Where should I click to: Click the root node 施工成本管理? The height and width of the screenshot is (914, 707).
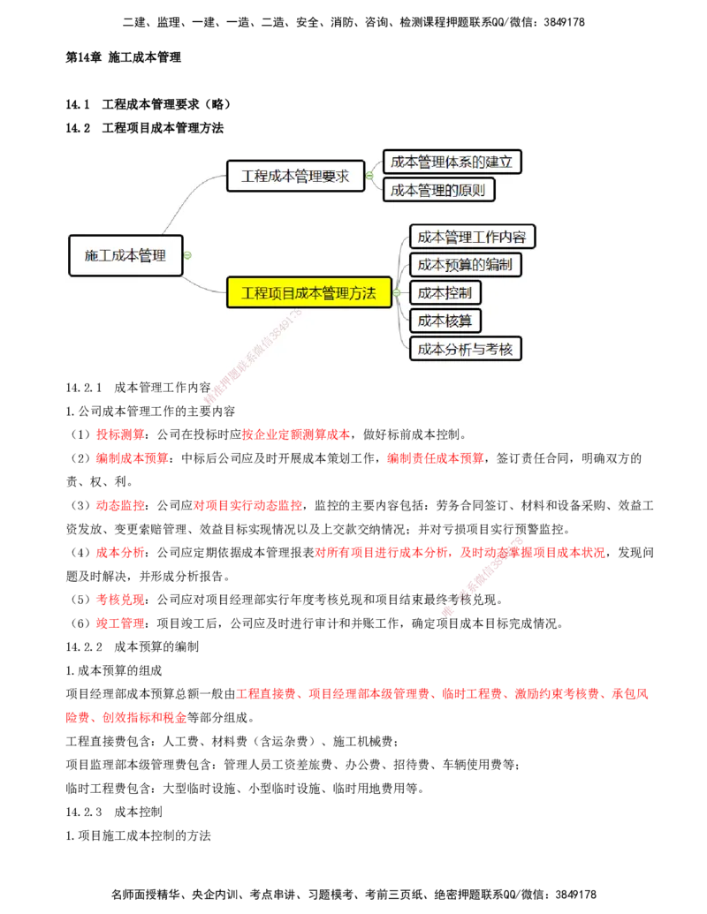[125, 255]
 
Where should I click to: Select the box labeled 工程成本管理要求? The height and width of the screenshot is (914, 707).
[295, 176]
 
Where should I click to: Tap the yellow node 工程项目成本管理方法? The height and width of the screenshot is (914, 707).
[308, 293]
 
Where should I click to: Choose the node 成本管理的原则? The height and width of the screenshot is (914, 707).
[438, 190]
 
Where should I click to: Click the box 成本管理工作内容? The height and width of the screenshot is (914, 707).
[472, 237]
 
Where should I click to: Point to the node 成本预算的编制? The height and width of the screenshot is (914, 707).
[465, 264]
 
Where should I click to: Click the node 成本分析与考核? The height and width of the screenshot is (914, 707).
[465, 348]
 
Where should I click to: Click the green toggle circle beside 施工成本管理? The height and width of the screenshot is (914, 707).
[187, 255]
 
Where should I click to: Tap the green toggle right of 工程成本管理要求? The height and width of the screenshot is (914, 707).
[369, 176]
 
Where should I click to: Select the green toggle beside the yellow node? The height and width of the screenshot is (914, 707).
[397, 293]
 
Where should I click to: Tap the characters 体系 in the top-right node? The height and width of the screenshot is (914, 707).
[457, 162]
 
